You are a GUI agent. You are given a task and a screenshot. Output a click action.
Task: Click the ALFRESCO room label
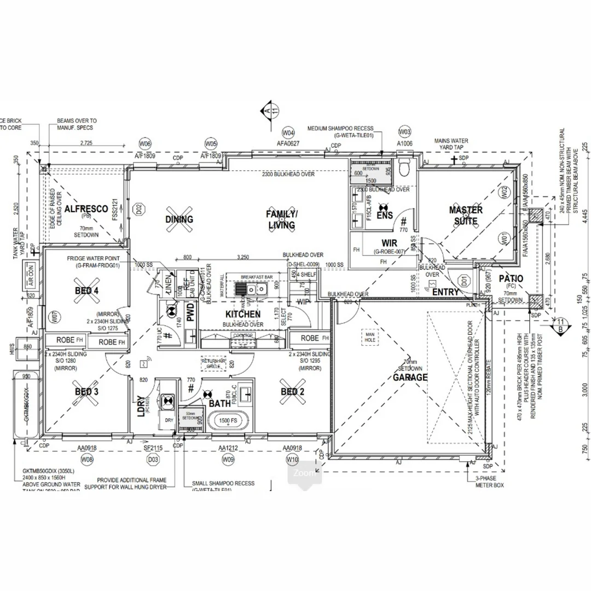point(86,209)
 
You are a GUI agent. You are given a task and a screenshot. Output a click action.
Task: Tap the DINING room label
point(179,219)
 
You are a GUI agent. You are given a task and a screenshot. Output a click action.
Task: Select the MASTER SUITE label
point(466,216)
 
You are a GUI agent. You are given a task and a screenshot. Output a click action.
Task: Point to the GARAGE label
point(411,378)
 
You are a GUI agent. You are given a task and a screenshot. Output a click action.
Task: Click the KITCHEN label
point(243,314)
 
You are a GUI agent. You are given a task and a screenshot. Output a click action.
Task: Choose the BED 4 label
point(86,291)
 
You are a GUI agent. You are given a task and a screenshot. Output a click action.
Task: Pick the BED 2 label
point(292,392)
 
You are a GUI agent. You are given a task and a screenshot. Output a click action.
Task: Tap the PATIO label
point(511,279)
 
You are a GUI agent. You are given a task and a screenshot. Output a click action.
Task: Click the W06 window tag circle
point(145,144)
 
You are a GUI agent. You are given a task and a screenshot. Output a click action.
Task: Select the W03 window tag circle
point(404,132)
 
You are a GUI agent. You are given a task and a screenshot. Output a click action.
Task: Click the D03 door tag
point(155,460)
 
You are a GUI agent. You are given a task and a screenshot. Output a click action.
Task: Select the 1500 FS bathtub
point(228,421)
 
